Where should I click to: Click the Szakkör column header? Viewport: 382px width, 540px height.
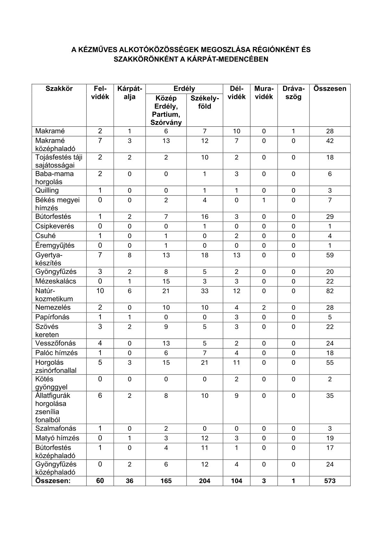pyautogui.click(x=59, y=89)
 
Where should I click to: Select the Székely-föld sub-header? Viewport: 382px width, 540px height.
pyautogui.click(x=204, y=102)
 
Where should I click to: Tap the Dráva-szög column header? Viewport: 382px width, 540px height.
pyautogui.click(x=293, y=92)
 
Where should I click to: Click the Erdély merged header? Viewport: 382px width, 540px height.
pyautogui.click(x=184, y=89)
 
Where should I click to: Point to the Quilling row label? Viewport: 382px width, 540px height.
pyautogui.click(x=47, y=190)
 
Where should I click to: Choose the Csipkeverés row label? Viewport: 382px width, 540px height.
pyautogui.click(x=55, y=226)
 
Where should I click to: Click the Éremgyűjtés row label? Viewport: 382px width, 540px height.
pyautogui.click(x=55, y=245)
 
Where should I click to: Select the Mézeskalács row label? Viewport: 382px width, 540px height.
pyautogui.click(x=56, y=281)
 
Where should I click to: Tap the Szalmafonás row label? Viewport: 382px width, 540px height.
pyautogui.click(x=56, y=428)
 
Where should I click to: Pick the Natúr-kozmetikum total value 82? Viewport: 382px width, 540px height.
pyautogui.click(x=330, y=291)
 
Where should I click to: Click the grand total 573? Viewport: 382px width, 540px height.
pyautogui.click(x=330, y=481)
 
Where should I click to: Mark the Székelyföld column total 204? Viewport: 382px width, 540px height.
pyautogui.click(x=204, y=481)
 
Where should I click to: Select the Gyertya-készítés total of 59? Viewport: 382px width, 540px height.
pyautogui.click(x=330, y=255)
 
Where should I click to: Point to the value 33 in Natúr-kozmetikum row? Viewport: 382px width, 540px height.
pyautogui.click(x=204, y=291)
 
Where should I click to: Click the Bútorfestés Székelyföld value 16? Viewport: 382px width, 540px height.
pyautogui.click(x=204, y=217)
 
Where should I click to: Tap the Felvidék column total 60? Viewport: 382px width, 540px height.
pyautogui.click(x=100, y=481)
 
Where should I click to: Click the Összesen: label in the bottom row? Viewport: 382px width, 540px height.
pyautogui.click(x=53, y=481)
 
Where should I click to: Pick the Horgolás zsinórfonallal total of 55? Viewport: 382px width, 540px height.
pyautogui.click(x=330, y=363)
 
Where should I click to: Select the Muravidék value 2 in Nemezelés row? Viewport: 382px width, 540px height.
pyautogui.click(x=264, y=307)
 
